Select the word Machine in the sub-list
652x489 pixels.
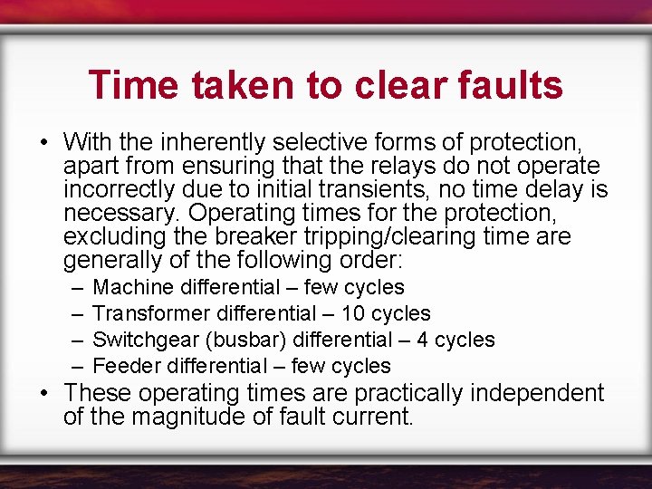tap(134, 287)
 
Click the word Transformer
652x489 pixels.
tap(151, 313)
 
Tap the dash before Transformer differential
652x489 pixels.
tap(73, 313)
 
